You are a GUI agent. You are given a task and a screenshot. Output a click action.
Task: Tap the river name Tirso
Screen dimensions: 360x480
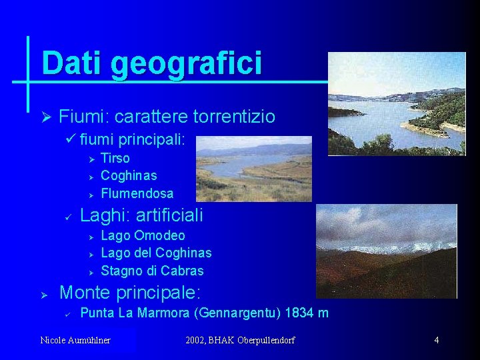115,158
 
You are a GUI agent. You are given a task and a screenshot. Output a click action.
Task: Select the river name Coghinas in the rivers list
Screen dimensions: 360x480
129,175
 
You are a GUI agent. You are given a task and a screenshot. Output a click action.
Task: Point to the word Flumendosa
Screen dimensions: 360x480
137,193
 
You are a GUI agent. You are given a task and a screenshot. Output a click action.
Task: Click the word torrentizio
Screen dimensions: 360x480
233,117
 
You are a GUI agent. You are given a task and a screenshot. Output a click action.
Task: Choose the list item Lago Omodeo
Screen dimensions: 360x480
143,235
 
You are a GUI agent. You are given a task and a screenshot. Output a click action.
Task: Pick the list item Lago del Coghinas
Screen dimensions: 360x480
156,253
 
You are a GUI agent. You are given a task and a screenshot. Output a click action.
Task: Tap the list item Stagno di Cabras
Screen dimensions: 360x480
152,271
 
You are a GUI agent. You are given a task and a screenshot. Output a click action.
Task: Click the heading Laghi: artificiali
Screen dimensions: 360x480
141,215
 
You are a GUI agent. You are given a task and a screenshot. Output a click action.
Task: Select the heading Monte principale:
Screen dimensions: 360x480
130,293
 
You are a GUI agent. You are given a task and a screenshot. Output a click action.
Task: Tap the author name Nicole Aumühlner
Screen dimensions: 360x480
75,341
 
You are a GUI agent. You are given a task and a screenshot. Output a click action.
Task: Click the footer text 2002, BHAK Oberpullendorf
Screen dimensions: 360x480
241,341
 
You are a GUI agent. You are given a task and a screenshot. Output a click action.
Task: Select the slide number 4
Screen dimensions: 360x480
436,341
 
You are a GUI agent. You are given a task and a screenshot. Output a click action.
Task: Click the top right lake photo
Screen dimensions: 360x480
397,103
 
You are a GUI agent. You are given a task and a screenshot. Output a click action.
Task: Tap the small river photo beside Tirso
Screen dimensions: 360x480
253,169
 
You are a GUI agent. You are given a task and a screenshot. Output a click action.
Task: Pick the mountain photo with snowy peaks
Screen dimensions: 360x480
386,251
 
